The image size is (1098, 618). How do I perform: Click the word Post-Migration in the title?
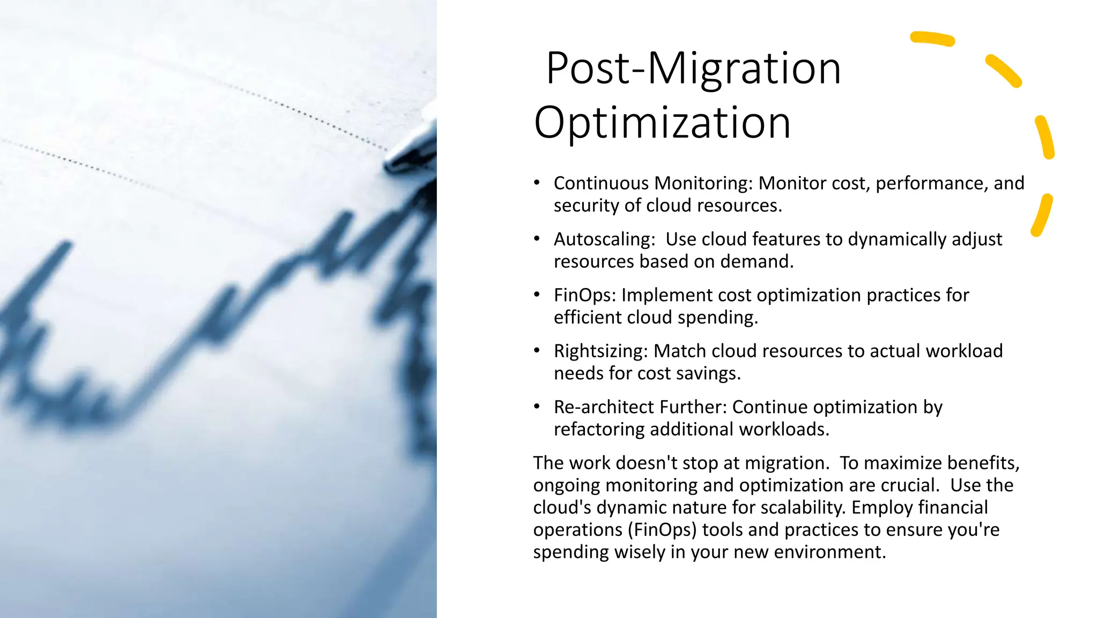click(x=693, y=69)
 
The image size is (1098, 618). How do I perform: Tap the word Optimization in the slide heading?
click(x=662, y=123)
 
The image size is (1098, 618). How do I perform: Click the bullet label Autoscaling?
click(x=604, y=239)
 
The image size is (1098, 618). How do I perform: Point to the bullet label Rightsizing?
click(x=600, y=351)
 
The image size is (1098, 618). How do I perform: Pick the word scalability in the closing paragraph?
click(x=798, y=507)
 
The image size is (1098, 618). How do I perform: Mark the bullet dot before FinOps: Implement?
click(x=537, y=295)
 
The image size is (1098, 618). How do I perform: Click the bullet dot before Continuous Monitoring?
click(x=537, y=183)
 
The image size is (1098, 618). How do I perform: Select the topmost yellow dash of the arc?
click(x=932, y=39)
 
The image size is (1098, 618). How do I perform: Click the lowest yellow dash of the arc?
click(x=1042, y=215)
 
